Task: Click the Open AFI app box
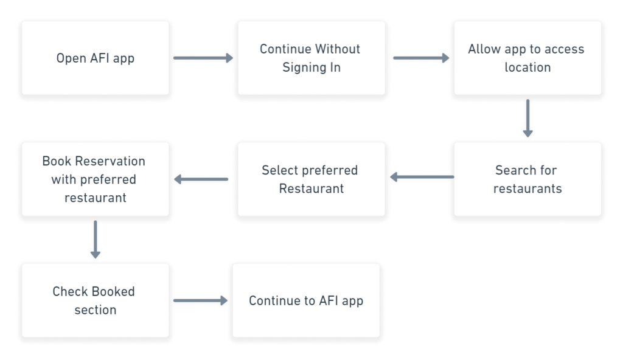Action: coord(96,58)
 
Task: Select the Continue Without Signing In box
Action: coord(311,58)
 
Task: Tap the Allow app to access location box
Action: coord(527,58)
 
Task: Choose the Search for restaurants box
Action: coord(527,179)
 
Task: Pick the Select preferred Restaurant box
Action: coord(311,179)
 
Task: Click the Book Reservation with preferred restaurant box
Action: coord(96,179)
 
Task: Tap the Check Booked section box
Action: coord(96,300)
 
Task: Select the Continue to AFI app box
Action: coord(306,300)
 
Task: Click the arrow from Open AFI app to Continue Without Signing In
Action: coord(203,58)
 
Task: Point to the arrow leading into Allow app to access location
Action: coord(421,58)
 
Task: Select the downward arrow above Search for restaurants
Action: coord(527,118)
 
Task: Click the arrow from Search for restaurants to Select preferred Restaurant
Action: coord(422,177)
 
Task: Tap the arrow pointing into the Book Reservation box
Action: coord(201,179)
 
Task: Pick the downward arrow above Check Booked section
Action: coord(96,239)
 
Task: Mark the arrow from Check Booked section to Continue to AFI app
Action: coord(201,300)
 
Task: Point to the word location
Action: coord(527,67)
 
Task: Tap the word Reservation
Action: coord(110,161)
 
